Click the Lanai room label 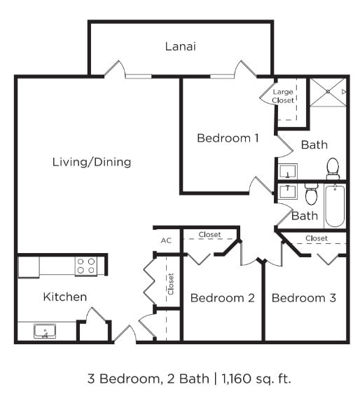[x=180, y=47]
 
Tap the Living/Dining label [x=92, y=162]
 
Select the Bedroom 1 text [x=228, y=138]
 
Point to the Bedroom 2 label [x=222, y=298]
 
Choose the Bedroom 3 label [x=303, y=298]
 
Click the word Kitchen [x=65, y=297]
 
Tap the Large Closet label [x=284, y=96]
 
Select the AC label [x=166, y=240]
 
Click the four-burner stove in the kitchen [x=85, y=266]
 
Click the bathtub [x=335, y=205]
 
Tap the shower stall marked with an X [x=328, y=91]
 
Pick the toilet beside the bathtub [x=311, y=193]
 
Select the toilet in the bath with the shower [x=333, y=168]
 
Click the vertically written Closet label [x=170, y=283]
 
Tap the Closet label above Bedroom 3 [x=317, y=238]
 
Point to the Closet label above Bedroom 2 [x=209, y=234]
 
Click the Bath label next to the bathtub [x=304, y=216]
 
